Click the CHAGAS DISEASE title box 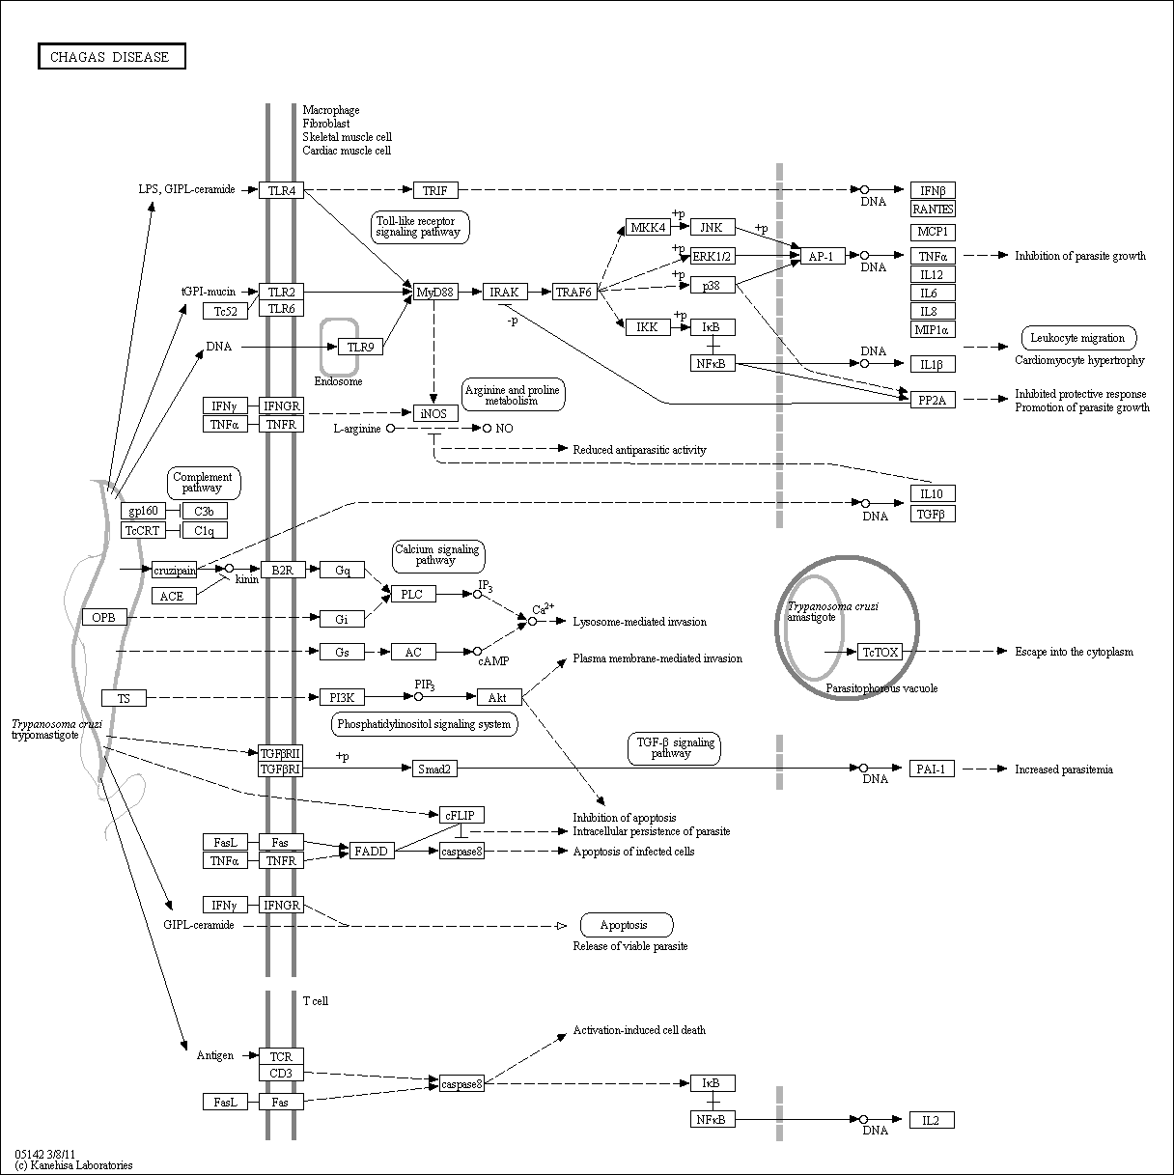pyautogui.click(x=112, y=56)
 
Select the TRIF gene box pyautogui.click(x=435, y=190)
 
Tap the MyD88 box pyautogui.click(x=435, y=293)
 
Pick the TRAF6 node pyautogui.click(x=574, y=293)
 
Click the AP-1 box pyautogui.click(x=823, y=256)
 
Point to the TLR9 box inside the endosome pyautogui.click(x=360, y=347)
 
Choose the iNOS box pyautogui.click(x=435, y=413)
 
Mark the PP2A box pyautogui.click(x=933, y=400)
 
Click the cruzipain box pyautogui.click(x=175, y=571)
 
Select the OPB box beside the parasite pyautogui.click(x=104, y=617)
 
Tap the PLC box pyautogui.click(x=413, y=594)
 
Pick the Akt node pyautogui.click(x=499, y=697)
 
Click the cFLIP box pyautogui.click(x=461, y=815)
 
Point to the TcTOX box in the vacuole pyautogui.click(x=880, y=652)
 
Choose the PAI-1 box pyautogui.click(x=932, y=769)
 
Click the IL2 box pyautogui.click(x=932, y=1120)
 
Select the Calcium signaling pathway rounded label pyautogui.click(x=438, y=556)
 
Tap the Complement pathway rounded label pyautogui.click(x=204, y=483)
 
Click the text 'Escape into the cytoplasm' pyautogui.click(x=1074, y=652)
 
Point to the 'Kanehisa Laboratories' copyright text pyautogui.click(x=73, y=1165)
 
